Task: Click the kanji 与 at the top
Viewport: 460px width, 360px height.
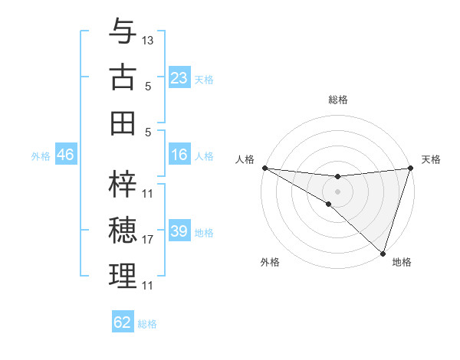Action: coord(123,31)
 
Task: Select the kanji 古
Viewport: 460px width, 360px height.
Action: coord(123,77)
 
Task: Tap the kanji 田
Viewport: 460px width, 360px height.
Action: coord(123,123)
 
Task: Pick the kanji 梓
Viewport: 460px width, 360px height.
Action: coord(123,184)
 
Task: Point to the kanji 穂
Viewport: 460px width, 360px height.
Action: coord(123,231)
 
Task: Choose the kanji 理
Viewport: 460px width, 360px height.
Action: coord(123,277)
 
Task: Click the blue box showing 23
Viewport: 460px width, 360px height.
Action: coord(179,78)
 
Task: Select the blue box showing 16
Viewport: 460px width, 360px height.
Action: coord(179,155)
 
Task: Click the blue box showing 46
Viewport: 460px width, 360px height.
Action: coord(66,155)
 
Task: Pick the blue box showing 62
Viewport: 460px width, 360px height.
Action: coord(123,322)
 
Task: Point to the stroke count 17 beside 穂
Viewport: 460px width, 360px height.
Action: coord(148,240)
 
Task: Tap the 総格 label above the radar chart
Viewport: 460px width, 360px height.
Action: coord(337,100)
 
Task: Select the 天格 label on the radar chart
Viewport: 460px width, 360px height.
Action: coord(431,159)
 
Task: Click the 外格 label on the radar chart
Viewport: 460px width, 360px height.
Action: coord(270,263)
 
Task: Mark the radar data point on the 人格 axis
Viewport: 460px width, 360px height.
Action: coord(264,168)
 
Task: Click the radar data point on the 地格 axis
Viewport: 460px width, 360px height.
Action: coord(383,253)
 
